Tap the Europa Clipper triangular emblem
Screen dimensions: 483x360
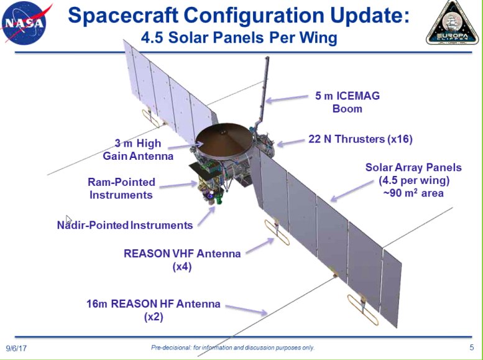point(453,23)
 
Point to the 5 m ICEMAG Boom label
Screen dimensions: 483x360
point(347,102)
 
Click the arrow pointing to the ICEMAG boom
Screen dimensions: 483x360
point(287,99)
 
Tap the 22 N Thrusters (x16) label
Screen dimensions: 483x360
point(361,139)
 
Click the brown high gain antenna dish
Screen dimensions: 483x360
point(224,140)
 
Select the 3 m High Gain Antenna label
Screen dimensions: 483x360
point(138,149)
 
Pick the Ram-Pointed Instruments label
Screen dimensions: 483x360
point(121,188)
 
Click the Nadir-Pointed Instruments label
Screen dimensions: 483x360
point(125,225)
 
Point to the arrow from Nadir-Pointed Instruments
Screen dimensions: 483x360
point(206,216)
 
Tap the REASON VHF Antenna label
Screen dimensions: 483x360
point(182,260)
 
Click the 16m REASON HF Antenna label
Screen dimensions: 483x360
point(154,310)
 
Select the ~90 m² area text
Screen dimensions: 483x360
point(413,193)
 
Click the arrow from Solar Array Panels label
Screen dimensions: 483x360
point(352,191)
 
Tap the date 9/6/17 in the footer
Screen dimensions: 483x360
point(16,348)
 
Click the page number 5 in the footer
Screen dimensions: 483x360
point(472,348)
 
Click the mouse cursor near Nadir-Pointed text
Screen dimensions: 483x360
point(69,220)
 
